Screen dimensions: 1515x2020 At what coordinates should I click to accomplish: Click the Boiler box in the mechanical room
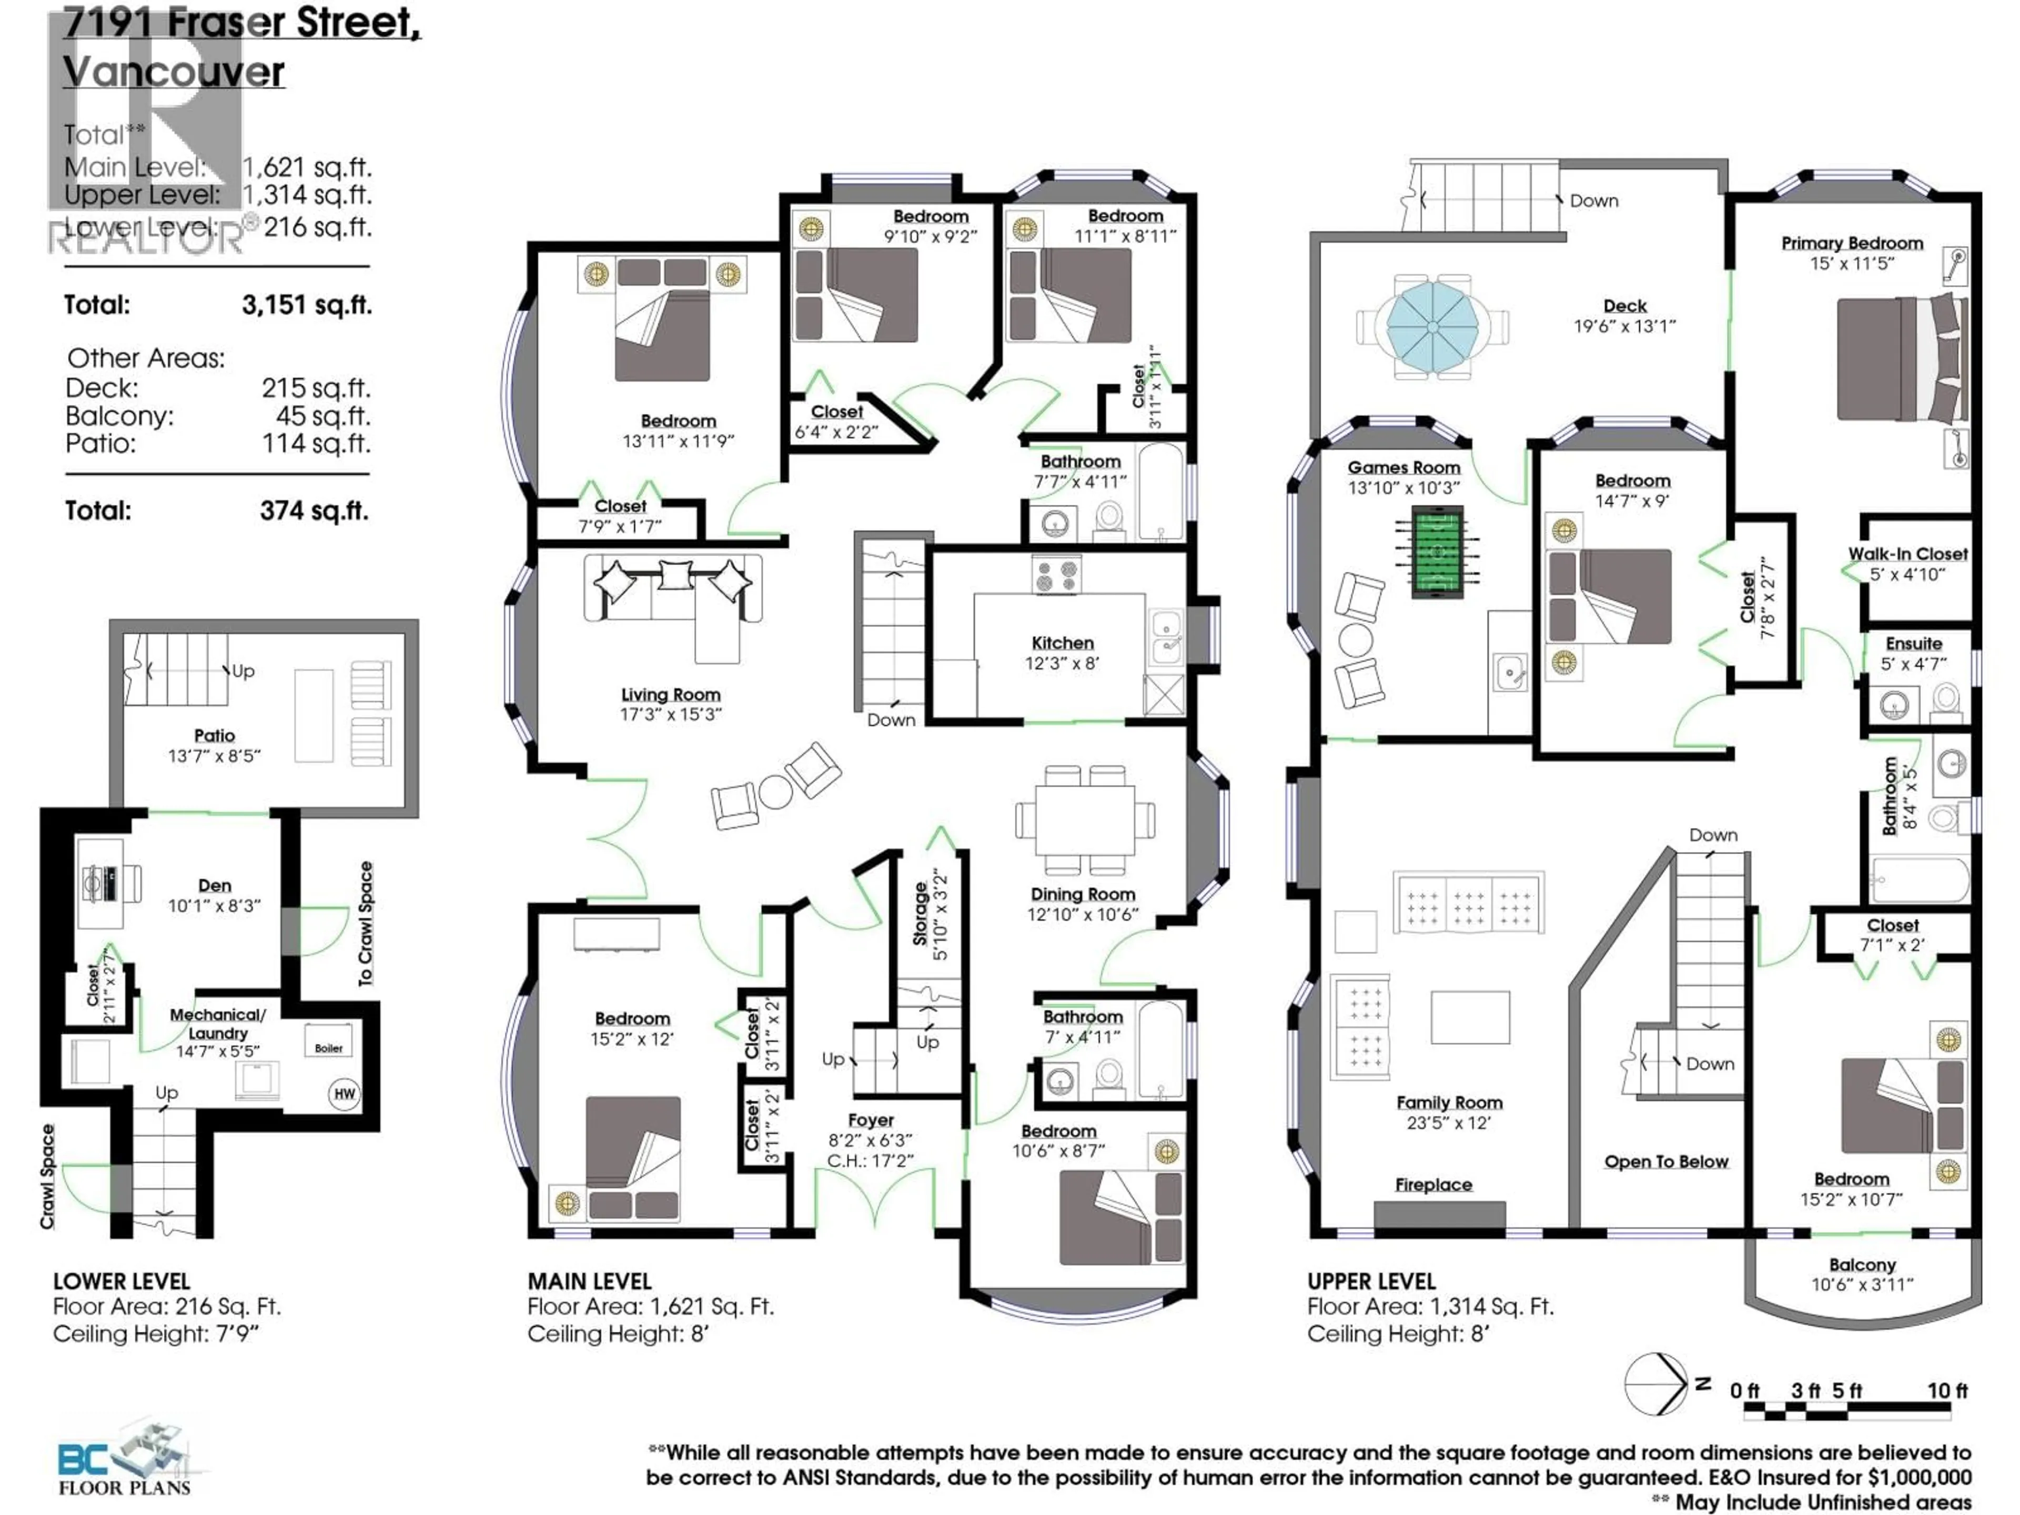[329, 1047]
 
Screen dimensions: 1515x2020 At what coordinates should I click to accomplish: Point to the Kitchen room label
[1062, 643]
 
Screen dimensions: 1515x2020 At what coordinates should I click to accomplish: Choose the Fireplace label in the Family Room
[1433, 1185]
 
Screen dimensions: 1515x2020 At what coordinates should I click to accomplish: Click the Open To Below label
[1665, 1161]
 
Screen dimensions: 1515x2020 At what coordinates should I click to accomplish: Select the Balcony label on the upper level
[1862, 1265]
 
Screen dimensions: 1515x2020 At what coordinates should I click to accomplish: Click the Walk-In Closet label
[1907, 554]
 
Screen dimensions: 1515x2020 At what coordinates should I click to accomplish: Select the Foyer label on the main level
[870, 1119]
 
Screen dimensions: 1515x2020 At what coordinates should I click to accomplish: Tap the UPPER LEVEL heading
[1371, 1281]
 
